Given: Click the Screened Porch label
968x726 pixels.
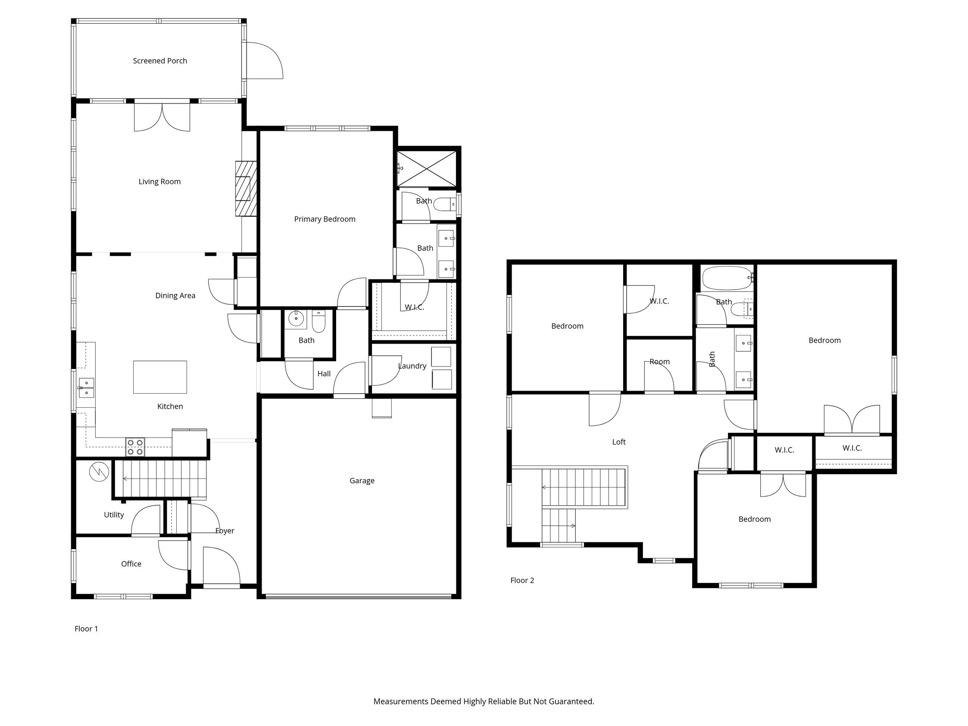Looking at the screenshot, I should (x=160, y=61).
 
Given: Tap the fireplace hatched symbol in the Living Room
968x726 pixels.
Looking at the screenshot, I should (x=246, y=188).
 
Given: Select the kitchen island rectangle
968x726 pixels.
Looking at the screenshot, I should (x=160, y=377).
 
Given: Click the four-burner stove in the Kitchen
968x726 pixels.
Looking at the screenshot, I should (x=135, y=447).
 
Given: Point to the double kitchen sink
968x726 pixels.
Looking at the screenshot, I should (x=86, y=388).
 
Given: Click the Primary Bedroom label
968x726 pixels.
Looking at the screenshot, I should (x=324, y=219).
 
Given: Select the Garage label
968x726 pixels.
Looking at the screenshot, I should (x=362, y=481).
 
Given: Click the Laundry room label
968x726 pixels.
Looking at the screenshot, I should (x=412, y=366).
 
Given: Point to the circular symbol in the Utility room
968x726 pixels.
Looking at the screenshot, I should (x=99, y=472).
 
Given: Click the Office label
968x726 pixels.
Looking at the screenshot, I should (x=131, y=563).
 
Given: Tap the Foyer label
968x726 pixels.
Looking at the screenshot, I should (x=225, y=530).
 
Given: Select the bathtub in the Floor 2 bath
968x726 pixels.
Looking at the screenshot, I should (x=727, y=279).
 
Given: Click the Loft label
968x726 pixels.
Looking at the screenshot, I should (x=618, y=442).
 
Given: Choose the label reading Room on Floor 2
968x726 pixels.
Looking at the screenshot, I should (x=659, y=361).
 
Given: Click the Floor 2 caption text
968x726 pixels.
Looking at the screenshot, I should (x=521, y=580).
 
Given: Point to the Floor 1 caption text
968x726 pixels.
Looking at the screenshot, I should (x=86, y=629).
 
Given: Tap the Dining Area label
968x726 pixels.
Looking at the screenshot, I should (x=175, y=295).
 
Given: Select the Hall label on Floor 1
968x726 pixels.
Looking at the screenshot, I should (x=324, y=374).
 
